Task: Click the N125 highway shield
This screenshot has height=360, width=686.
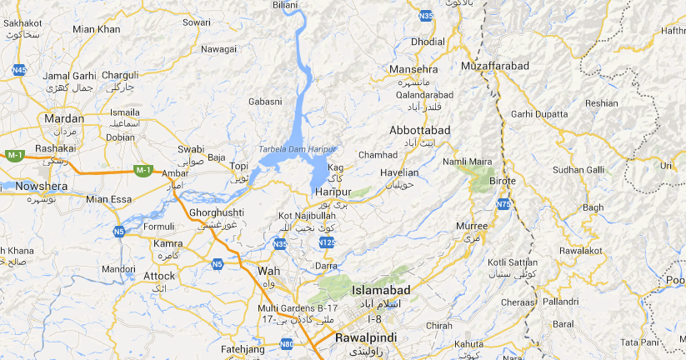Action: (x=327, y=242)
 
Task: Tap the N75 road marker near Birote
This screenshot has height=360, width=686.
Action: (x=503, y=203)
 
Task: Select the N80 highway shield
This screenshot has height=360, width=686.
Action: (x=287, y=342)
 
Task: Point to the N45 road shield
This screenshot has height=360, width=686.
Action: (x=19, y=71)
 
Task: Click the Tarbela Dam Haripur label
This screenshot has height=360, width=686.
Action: (x=297, y=148)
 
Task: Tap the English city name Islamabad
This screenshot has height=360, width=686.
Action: (x=381, y=290)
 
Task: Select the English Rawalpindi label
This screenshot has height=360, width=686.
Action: (x=365, y=338)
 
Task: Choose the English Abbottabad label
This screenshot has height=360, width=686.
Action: (x=419, y=130)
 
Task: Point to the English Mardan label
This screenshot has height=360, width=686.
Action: (x=64, y=118)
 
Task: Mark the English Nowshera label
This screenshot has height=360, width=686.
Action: (x=41, y=186)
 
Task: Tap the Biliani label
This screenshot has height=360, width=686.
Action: (x=285, y=5)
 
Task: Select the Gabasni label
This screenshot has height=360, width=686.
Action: (x=265, y=102)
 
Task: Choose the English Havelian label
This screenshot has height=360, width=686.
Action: (x=398, y=172)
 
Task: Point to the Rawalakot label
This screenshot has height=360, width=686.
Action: (x=581, y=250)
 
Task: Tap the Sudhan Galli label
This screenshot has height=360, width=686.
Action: (x=578, y=169)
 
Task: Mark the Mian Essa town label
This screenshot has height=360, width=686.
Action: (x=108, y=199)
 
